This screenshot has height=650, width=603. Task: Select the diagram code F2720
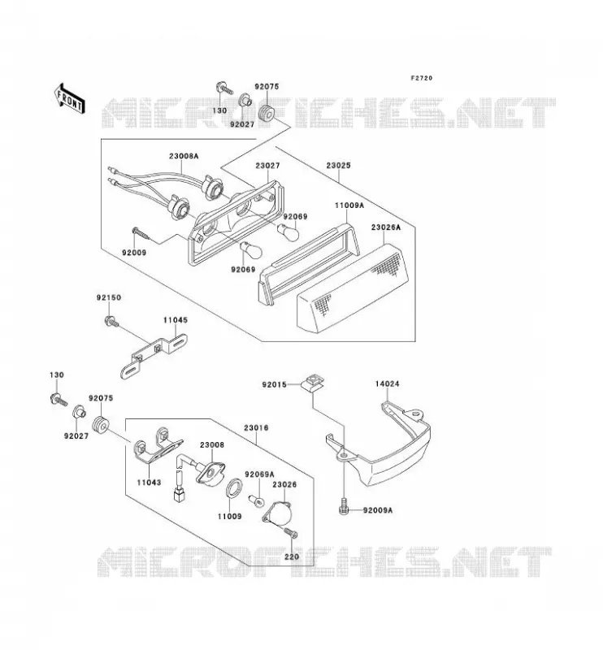[x=421, y=78]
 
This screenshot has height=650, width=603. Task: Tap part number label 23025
[x=338, y=166]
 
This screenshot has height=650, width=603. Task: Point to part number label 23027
[x=267, y=166]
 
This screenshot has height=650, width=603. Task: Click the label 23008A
[x=184, y=156]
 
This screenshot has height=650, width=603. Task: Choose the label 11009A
[x=349, y=205]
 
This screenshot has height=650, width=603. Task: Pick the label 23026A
[x=386, y=227]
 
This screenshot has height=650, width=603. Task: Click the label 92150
[x=109, y=297]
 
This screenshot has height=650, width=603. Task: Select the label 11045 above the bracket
[x=175, y=320]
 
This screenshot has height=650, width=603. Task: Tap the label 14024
[x=388, y=383]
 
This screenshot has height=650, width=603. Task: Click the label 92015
[x=274, y=384]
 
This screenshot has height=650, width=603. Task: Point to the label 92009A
[x=377, y=510]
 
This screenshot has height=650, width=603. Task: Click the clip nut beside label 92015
[x=313, y=382]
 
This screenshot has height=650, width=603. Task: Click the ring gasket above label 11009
[x=235, y=487]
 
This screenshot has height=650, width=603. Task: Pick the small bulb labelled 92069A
[x=255, y=501]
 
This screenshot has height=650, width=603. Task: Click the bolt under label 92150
[x=111, y=321]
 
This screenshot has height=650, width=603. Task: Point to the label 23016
[x=256, y=427]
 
